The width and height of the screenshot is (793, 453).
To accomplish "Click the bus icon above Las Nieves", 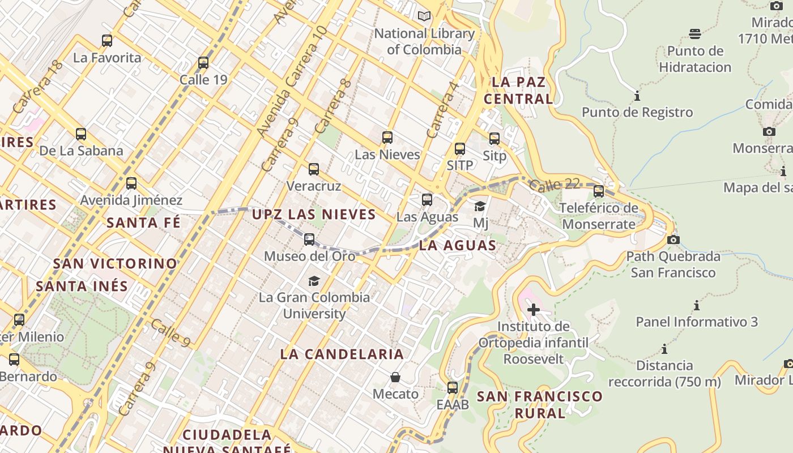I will point(387,138).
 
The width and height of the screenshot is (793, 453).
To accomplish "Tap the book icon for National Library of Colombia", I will point(424,16).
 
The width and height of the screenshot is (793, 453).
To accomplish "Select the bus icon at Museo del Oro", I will point(309,240).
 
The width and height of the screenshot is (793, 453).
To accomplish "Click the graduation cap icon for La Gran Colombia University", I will point(314,281).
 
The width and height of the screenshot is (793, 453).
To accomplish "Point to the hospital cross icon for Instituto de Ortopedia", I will point(533,309).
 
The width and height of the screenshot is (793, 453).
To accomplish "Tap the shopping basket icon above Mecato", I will point(395,377).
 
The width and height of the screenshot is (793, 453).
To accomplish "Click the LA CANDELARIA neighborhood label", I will point(342,354).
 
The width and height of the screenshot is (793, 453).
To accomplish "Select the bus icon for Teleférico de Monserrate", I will point(599,191).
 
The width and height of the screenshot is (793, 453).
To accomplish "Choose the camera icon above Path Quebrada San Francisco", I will point(673,240).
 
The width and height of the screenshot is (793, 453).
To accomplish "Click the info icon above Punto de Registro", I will point(637,96).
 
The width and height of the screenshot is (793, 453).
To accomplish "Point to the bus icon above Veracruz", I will point(314,169).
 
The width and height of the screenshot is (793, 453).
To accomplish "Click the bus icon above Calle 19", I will point(203,63).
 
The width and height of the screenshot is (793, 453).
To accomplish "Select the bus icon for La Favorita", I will point(107,41).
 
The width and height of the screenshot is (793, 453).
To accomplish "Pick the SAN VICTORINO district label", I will point(116,264).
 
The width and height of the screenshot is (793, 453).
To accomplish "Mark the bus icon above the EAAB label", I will point(453,388).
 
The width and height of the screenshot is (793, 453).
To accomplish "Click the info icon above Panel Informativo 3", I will point(697,306).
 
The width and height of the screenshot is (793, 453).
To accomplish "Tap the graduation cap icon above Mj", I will point(480,206).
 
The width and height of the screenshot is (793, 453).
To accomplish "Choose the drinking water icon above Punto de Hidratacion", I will point(695,34).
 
